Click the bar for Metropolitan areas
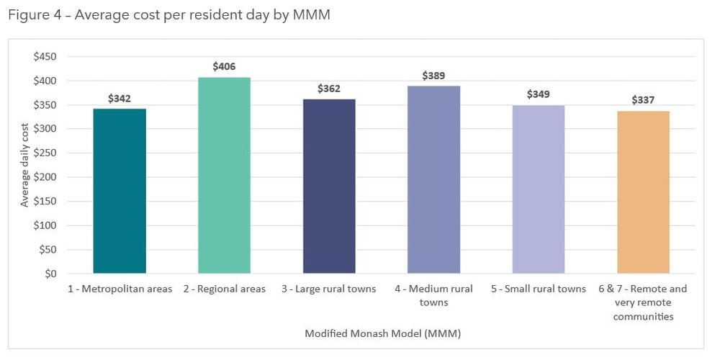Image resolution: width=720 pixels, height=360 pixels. tap(120, 191)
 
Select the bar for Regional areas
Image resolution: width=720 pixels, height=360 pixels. tap(224, 176)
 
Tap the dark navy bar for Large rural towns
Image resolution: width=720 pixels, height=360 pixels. tap(329, 186)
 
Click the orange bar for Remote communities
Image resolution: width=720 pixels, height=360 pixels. tap(643, 192)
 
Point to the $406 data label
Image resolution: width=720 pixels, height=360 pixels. tap(224, 66)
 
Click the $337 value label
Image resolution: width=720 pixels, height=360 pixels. tap(643, 100)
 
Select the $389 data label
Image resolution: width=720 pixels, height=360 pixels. tap(433, 75)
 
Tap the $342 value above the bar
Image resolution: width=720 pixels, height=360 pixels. tap(120, 98)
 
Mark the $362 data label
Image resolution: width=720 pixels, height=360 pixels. tap(329, 89)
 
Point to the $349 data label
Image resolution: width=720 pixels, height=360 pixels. tap(539, 94)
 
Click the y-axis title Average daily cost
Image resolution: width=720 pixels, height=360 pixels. tap(24, 165)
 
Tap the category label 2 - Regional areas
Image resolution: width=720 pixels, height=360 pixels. tap(225, 289)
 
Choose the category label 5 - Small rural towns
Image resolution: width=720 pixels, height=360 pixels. tap(539, 289)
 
